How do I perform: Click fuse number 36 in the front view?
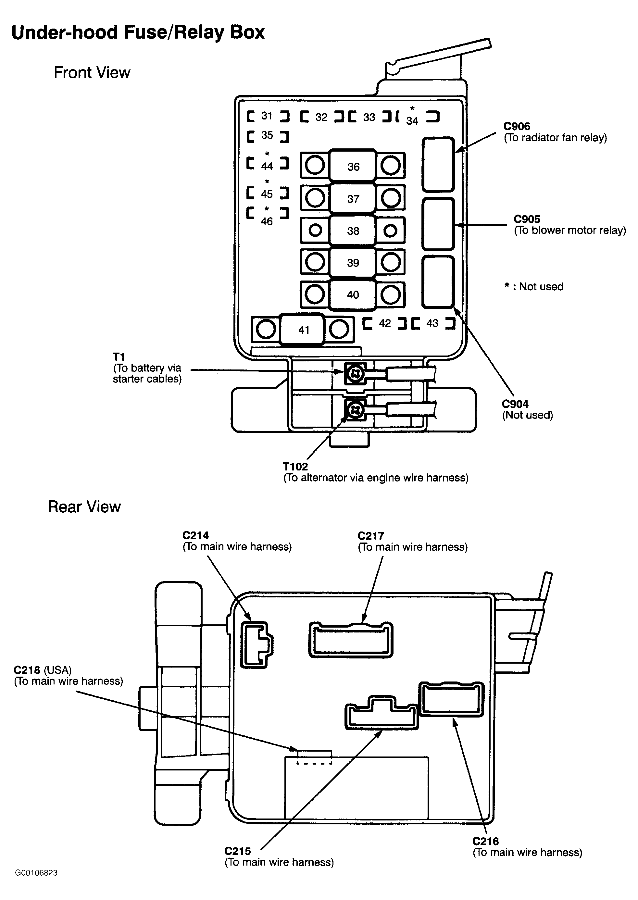[353, 166]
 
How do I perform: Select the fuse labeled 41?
[303, 329]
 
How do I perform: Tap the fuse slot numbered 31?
[268, 116]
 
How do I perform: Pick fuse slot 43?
[433, 323]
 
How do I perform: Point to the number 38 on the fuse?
[353, 231]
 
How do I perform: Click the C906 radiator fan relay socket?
[438, 164]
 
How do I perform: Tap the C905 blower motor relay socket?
[438, 224]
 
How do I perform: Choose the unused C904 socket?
[438, 282]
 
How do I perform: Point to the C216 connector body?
[452, 700]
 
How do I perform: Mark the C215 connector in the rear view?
[382, 713]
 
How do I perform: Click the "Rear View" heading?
[84, 507]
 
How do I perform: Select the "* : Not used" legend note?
[534, 286]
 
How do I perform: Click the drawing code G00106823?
[36, 873]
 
